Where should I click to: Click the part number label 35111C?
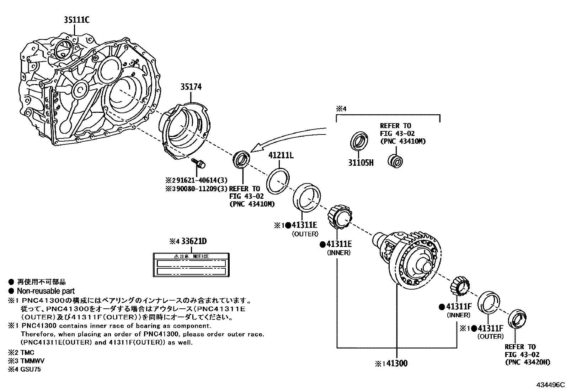click(76, 20)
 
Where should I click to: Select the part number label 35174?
click(191, 87)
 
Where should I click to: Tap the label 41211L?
click(281, 155)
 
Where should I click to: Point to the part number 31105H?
click(361, 163)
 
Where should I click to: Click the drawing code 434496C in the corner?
click(551, 384)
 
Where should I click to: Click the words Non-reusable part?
click(46, 291)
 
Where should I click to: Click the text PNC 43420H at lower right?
click(527, 362)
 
